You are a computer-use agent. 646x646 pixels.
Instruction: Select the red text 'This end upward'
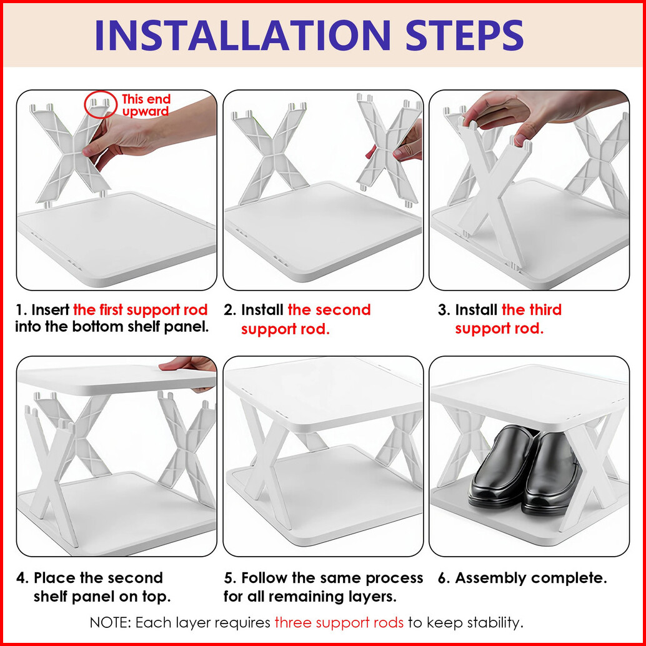point(146,105)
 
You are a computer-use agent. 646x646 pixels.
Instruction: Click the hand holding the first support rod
point(148,132)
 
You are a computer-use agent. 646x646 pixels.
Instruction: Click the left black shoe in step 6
point(500,466)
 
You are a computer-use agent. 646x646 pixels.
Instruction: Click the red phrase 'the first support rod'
point(140,310)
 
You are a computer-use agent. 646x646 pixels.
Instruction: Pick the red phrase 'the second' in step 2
point(329,310)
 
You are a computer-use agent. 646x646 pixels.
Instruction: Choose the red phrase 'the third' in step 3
point(532,310)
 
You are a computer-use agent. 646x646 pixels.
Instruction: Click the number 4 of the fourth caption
point(21,578)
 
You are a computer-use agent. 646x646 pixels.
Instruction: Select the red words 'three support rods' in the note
point(339,622)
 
